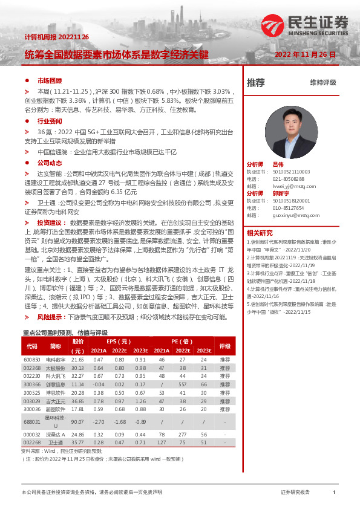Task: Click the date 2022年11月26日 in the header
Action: coord(305,54)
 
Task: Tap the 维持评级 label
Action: coord(322,83)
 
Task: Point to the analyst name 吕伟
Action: coord(278,164)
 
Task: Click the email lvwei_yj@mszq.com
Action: coord(290,186)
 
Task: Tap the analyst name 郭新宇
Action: coord(282,193)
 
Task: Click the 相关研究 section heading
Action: coord(260,233)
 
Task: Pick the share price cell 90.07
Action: coord(77,422)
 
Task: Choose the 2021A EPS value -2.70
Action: coord(98,422)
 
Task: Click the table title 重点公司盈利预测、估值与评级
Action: coord(65,332)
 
